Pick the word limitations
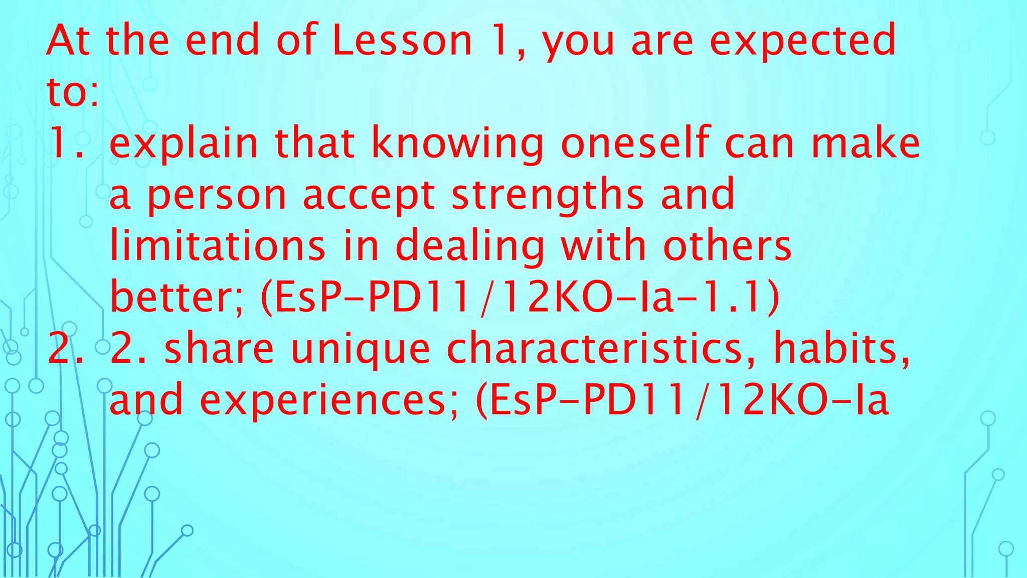(x=218, y=246)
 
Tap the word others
(x=727, y=246)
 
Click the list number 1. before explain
(x=65, y=143)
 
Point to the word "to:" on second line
(x=72, y=92)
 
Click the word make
(x=866, y=143)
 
